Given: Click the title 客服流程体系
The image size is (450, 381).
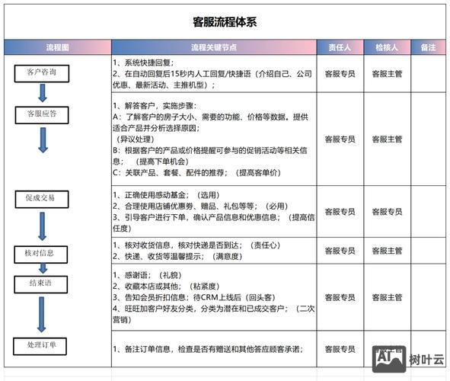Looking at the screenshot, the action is click(x=225, y=21).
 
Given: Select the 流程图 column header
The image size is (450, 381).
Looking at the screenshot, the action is click(x=57, y=47).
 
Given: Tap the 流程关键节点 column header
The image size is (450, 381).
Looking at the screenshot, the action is click(x=213, y=47).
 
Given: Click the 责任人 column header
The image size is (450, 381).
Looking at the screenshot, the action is click(x=339, y=47).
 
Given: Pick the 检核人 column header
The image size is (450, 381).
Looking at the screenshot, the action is click(x=387, y=47).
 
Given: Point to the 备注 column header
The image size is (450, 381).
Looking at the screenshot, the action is click(x=429, y=47).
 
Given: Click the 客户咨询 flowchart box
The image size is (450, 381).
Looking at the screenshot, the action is click(x=41, y=73).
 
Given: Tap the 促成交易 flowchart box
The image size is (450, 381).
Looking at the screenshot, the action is click(x=40, y=199).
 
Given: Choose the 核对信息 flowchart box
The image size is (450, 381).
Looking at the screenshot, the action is click(x=40, y=252).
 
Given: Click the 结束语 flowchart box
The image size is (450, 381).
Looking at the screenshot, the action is click(x=40, y=283).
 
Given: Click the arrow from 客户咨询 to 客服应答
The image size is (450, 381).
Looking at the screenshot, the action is click(x=42, y=93).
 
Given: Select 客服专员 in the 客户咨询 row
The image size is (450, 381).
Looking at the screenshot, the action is click(x=339, y=75).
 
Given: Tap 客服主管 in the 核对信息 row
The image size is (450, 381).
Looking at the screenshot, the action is click(x=387, y=251).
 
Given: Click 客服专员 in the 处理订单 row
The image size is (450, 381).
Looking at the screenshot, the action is click(x=339, y=350).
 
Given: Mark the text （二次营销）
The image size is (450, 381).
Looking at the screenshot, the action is click(x=301, y=314).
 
